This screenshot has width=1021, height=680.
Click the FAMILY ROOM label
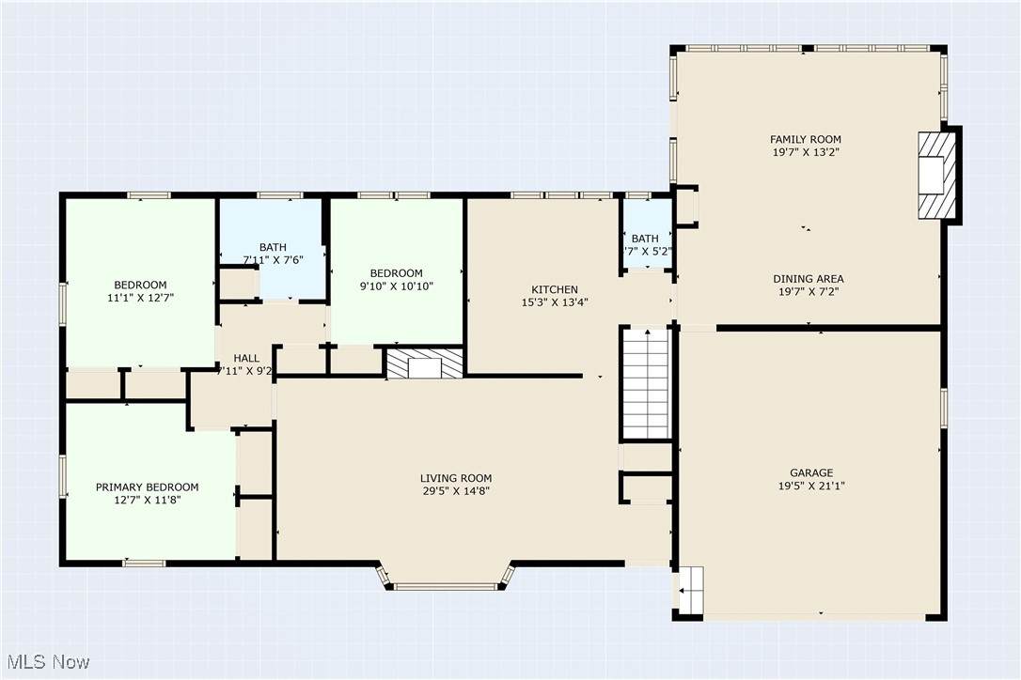pyautogui.click(x=806, y=139)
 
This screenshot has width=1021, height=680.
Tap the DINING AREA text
pyautogui.click(x=809, y=279)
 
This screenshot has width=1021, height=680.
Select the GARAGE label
pyautogui.click(x=811, y=473)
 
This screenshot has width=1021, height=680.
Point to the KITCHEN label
pyautogui.click(x=555, y=289)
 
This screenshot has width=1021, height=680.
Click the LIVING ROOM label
pyautogui.click(x=456, y=478)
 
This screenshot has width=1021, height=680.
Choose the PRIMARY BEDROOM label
pyautogui.click(x=148, y=487)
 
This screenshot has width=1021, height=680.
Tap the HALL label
pyautogui.click(x=246, y=359)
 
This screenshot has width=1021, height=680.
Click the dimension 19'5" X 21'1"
pyautogui.click(x=811, y=487)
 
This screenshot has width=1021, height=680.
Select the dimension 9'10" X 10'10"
pyautogui.click(x=397, y=286)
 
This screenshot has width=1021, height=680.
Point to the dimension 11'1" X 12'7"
pyautogui.click(x=141, y=298)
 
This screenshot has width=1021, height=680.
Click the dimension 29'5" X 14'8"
pyautogui.click(x=456, y=491)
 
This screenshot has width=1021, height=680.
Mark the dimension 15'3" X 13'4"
pyautogui.click(x=555, y=302)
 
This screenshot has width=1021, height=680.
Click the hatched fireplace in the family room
pyautogui.click(x=936, y=176)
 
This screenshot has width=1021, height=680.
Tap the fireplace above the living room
pyautogui.click(x=425, y=363)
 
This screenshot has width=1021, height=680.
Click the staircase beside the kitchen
pyautogui.click(x=647, y=384)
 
